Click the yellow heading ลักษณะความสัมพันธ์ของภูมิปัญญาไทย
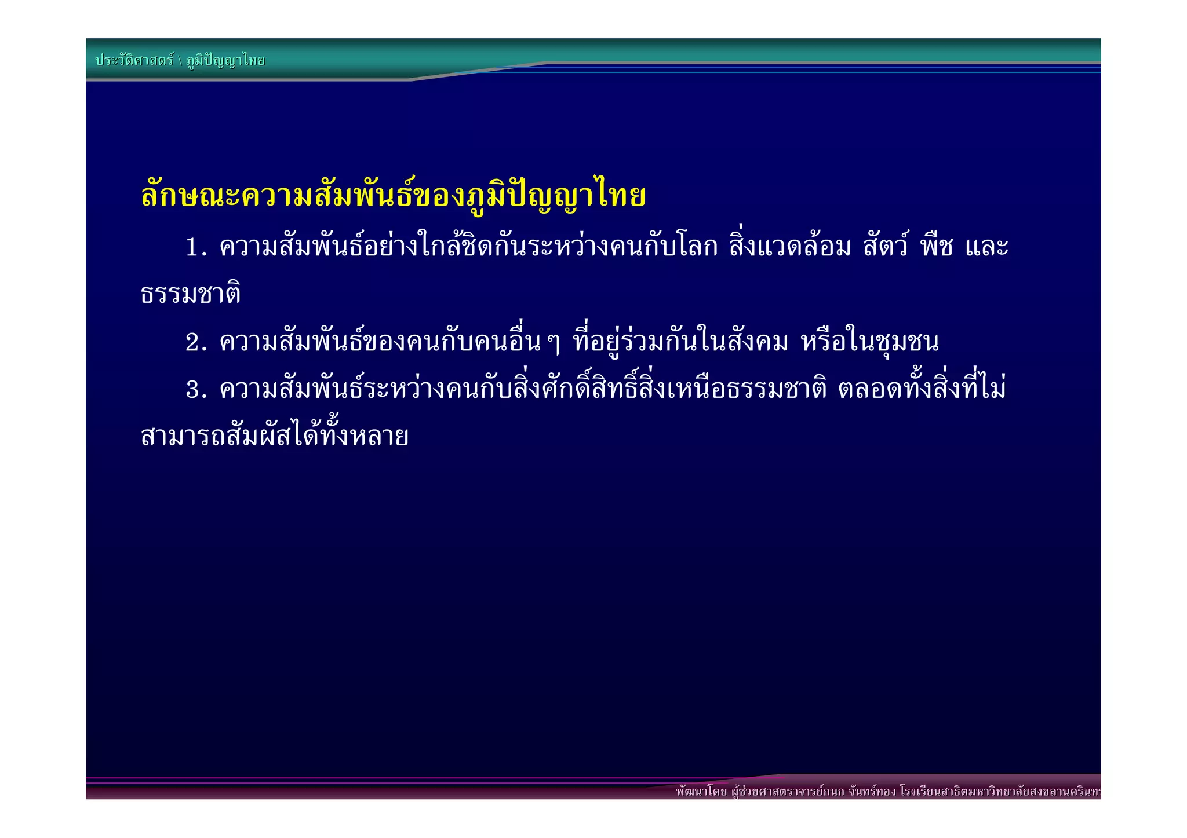point(393,196)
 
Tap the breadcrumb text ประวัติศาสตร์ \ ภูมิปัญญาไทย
point(180,60)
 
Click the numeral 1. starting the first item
point(196,248)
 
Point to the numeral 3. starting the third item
point(196,390)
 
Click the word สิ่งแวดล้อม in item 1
point(791,247)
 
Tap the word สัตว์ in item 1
point(886,247)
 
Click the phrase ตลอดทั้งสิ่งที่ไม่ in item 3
point(922,389)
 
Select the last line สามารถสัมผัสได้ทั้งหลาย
point(275,436)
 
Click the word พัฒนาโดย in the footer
point(701,792)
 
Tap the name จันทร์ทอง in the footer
point(872,792)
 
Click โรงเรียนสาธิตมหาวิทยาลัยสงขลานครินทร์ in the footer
point(1000,792)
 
